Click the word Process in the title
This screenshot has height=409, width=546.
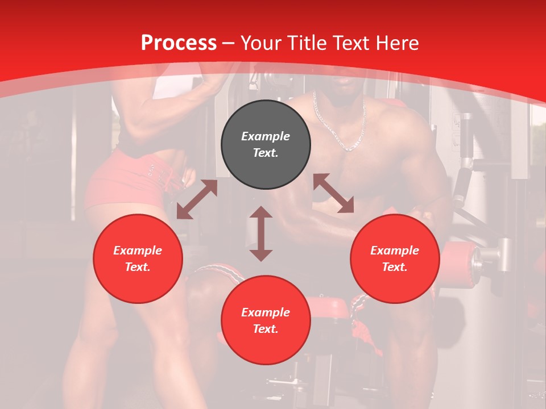click(179, 43)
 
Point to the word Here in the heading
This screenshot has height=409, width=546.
click(396, 43)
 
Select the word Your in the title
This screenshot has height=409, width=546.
click(261, 43)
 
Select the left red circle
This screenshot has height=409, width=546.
click(138, 258)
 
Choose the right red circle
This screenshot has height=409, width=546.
click(395, 258)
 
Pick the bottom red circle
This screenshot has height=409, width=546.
click(266, 320)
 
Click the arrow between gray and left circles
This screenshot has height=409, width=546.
click(197, 199)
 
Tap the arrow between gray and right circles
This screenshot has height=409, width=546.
click(334, 193)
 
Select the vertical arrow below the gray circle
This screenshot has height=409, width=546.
click(261, 233)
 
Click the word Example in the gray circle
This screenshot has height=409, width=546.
click(266, 136)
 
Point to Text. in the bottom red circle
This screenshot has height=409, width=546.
click(266, 329)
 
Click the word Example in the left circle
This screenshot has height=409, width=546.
click(138, 251)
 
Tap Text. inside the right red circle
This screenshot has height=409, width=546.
click(395, 267)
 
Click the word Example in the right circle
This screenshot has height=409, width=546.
click(395, 251)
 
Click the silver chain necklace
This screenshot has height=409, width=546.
click(341, 128)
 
